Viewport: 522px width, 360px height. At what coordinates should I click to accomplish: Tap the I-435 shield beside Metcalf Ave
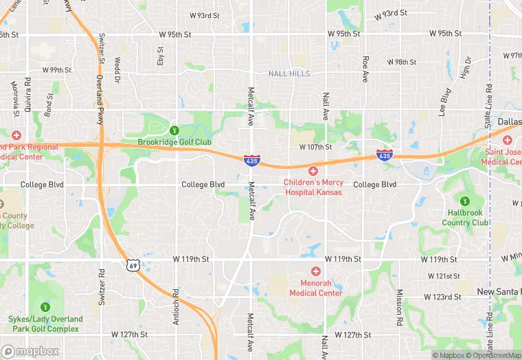pos(251,160)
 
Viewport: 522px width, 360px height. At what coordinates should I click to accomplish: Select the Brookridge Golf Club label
pos(174,142)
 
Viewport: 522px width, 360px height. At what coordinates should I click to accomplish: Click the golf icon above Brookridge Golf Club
pos(174,130)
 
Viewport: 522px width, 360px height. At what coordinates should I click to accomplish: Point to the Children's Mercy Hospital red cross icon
pos(313,170)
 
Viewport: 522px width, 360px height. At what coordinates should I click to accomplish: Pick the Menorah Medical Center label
pos(315,288)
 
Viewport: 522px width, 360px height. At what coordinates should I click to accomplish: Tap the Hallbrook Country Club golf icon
pos(466,201)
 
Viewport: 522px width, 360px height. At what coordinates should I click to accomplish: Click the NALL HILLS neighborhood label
pos(289,74)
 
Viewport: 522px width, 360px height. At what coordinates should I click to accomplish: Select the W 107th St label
pos(315,147)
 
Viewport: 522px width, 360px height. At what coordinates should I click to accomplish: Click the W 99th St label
pos(56,70)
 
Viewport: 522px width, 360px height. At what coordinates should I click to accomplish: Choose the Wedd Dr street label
pos(118,67)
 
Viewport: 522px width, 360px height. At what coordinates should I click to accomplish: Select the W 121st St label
pos(443,276)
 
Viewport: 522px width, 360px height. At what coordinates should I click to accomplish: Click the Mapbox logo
pos(30,350)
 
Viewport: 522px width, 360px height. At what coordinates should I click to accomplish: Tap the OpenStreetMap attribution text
pos(491,355)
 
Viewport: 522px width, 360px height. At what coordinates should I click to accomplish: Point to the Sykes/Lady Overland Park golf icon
pos(45,306)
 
